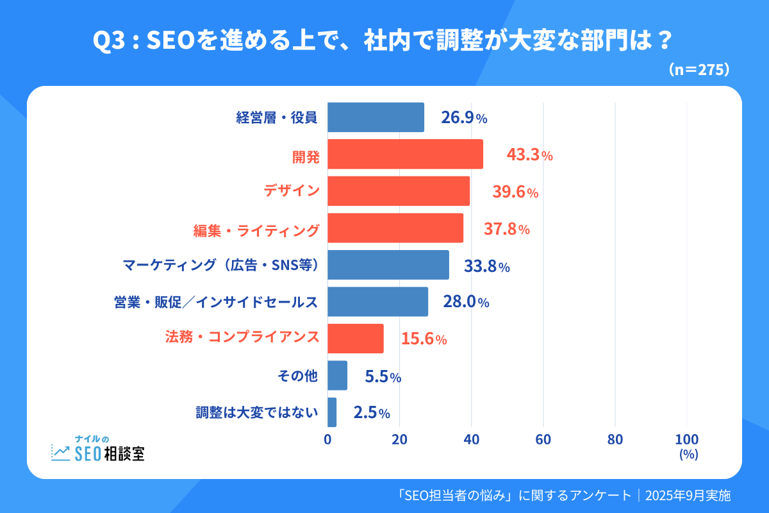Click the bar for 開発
coord(405,155)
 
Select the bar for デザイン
coord(399,191)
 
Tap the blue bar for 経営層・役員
coord(376,117)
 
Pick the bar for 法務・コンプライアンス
coord(356,339)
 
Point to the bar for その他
coord(337,376)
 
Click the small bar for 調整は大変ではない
coord(332,412)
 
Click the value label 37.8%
coord(506,228)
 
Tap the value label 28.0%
coord(466,302)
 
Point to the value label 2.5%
coord(372,413)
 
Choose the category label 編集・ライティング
coord(256,229)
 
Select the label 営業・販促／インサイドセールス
coord(213,302)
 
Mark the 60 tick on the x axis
coord(543,440)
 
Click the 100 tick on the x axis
coord(687,440)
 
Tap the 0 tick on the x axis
coord(327,440)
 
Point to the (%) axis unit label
coord(688,454)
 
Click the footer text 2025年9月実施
coord(688,496)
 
